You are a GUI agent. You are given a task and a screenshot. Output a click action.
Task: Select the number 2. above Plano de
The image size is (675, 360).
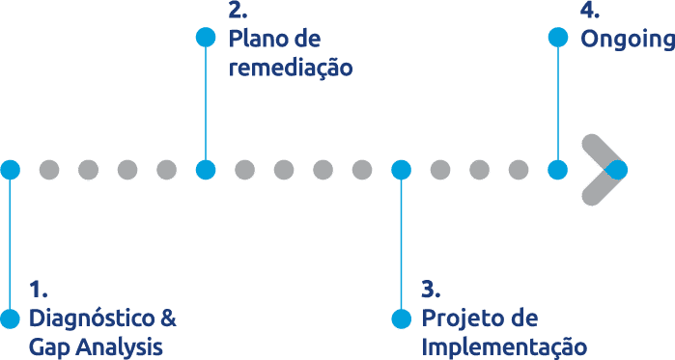239,12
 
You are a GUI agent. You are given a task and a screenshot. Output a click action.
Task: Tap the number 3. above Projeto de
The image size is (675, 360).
432,290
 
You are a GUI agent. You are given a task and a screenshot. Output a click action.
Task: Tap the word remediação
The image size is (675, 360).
290,69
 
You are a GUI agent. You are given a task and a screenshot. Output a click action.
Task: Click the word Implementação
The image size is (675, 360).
504,347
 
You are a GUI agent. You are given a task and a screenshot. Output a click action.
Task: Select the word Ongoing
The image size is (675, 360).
627,40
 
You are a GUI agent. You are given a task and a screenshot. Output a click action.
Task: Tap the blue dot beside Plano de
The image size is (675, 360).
205,38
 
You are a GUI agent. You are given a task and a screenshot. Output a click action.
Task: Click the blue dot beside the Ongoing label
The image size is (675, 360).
557,38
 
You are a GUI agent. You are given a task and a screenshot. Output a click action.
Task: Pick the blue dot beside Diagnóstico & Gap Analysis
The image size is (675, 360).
10,318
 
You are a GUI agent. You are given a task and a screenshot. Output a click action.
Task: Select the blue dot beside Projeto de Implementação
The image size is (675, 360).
401,318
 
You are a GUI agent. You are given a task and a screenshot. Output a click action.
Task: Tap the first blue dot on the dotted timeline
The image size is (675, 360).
10,170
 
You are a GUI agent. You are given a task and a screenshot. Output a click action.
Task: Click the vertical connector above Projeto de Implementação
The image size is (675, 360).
401,241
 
